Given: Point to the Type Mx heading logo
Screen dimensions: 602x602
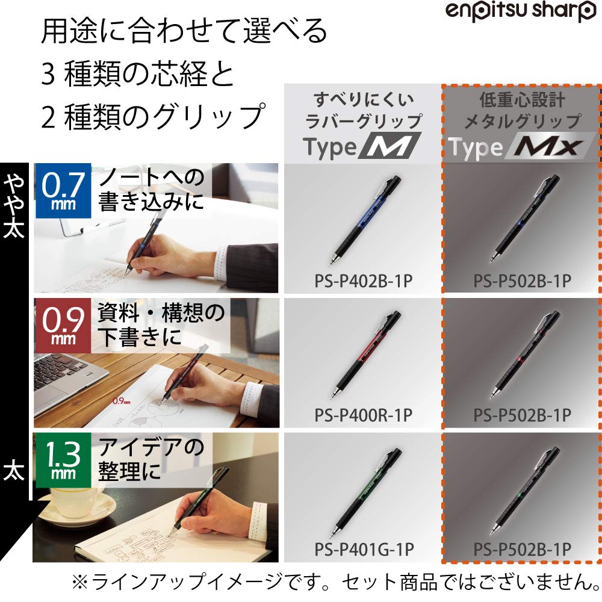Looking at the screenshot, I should (x=517, y=147).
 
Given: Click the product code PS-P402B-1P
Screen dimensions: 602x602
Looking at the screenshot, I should (x=363, y=281).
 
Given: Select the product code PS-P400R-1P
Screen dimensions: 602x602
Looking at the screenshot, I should (x=363, y=415).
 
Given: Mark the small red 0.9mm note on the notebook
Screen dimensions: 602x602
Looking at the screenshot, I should (x=121, y=400).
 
